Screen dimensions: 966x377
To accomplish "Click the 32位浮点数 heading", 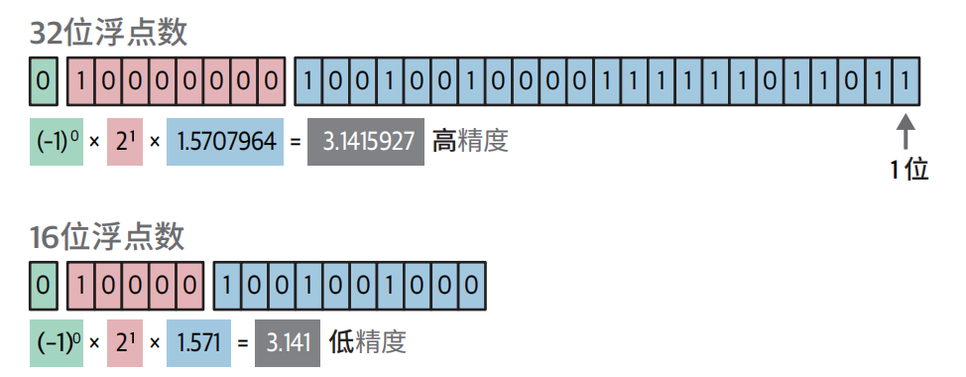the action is coord(108,32).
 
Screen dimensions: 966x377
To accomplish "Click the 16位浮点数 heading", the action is coord(107,236).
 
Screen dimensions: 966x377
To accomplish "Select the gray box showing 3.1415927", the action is coord(366,141).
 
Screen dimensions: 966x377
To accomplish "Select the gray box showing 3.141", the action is coord(287,343).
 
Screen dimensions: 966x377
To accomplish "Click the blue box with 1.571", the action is coord(197,343).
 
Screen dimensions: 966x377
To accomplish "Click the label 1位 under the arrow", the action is coord(908,171).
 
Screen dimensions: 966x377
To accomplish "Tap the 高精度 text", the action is coord(470,141).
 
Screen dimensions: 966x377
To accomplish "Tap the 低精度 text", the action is coord(367,343).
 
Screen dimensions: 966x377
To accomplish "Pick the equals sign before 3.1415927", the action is coord(294,141).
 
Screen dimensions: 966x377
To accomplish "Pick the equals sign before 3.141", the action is coord(243,343).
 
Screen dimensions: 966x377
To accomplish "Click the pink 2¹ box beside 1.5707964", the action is coord(125,141).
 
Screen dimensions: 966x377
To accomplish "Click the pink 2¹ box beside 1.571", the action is coord(125,343).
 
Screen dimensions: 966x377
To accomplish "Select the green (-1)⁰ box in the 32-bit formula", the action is coord(55,141).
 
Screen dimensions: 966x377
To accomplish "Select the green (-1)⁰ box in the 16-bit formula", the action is coord(55,343).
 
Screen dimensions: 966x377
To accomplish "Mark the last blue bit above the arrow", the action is coord(904,80).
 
